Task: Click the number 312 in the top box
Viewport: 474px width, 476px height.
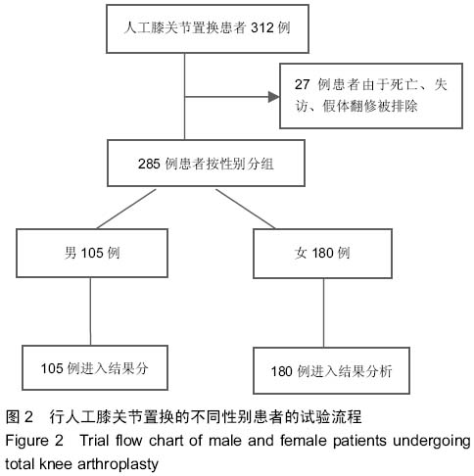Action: pyautogui.click(x=262, y=27)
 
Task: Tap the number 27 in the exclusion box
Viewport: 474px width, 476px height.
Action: pyautogui.click(x=302, y=84)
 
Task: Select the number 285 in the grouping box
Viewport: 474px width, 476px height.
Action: pyautogui.click(x=149, y=164)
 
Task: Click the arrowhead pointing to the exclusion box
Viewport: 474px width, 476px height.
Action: pyautogui.click(x=274, y=97)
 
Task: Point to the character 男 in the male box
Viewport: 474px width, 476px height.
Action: pyautogui.click(x=71, y=253)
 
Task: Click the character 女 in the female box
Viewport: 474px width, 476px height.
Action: pyautogui.click(x=301, y=253)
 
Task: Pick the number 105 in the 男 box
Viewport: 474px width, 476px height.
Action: pyautogui.click(x=92, y=253)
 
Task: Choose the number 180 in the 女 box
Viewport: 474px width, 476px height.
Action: pyautogui.click(x=323, y=253)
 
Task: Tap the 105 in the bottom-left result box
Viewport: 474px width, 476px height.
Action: pyautogui.click(x=52, y=368)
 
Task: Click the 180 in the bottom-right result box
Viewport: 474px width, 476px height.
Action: pyautogui.click(x=282, y=371)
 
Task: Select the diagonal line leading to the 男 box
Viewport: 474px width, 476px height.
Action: pyautogui.click(x=126, y=209)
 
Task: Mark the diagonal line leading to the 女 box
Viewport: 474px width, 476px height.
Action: pyautogui.click(x=246, y=209)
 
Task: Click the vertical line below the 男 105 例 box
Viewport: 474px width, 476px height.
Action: pyautogui.click(x=90, y=311)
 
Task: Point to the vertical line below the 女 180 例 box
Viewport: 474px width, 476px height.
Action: pyautogui.click(x=323, y=312)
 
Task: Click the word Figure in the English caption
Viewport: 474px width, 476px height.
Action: pyautogui.click(x=27, y=441)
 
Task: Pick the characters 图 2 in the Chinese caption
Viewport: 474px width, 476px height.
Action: pyautogui.click(x=20, y=417)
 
